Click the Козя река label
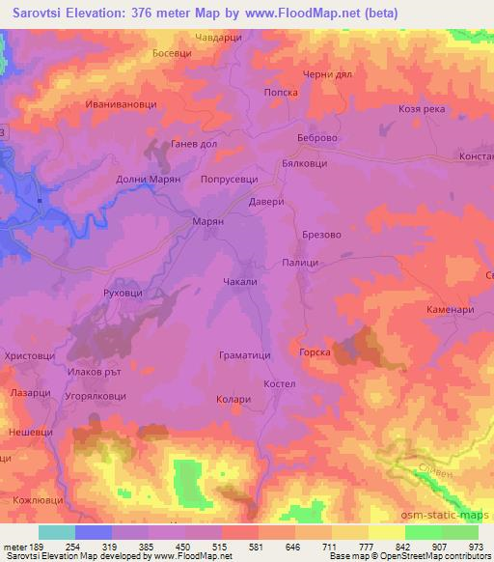pyautogui.click(x=421, y=109)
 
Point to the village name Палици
pyautogui.click(x=300, y=262)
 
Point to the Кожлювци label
pyautogui.click(x=36, y=500)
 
